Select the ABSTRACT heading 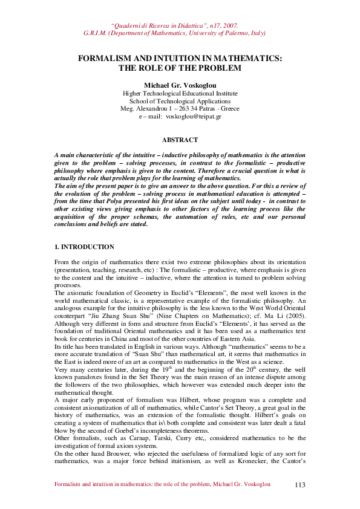click(x=180, y=140)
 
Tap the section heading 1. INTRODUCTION click(x=84, y=247)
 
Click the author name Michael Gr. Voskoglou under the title click(x=180, y=85)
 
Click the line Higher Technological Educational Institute click(x=180, y=94)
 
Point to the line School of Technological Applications click(x=180, y=101)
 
